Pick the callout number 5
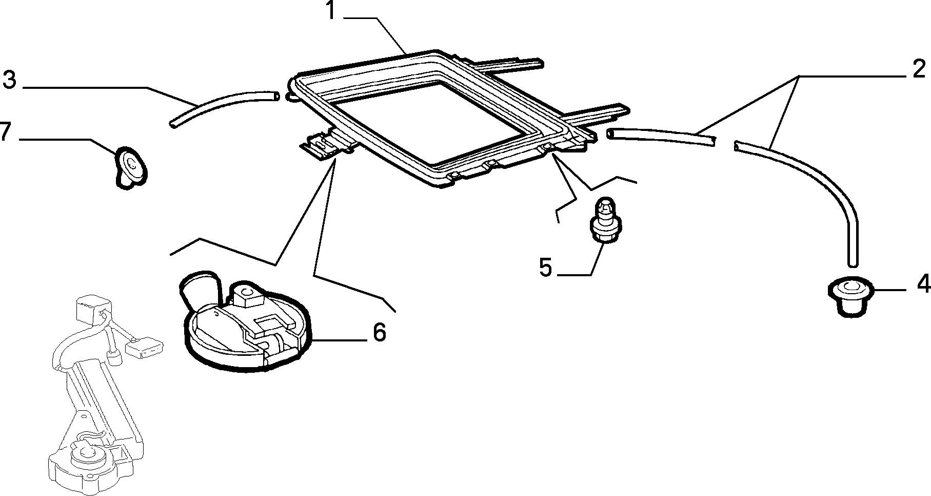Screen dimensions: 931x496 [545, 268]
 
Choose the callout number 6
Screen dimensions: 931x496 [379, 332]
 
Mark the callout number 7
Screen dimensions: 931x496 [5, 132]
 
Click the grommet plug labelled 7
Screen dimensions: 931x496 [130, 166]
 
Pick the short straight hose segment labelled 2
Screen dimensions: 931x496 [660, 137]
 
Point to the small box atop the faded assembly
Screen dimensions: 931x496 [90, 310]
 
